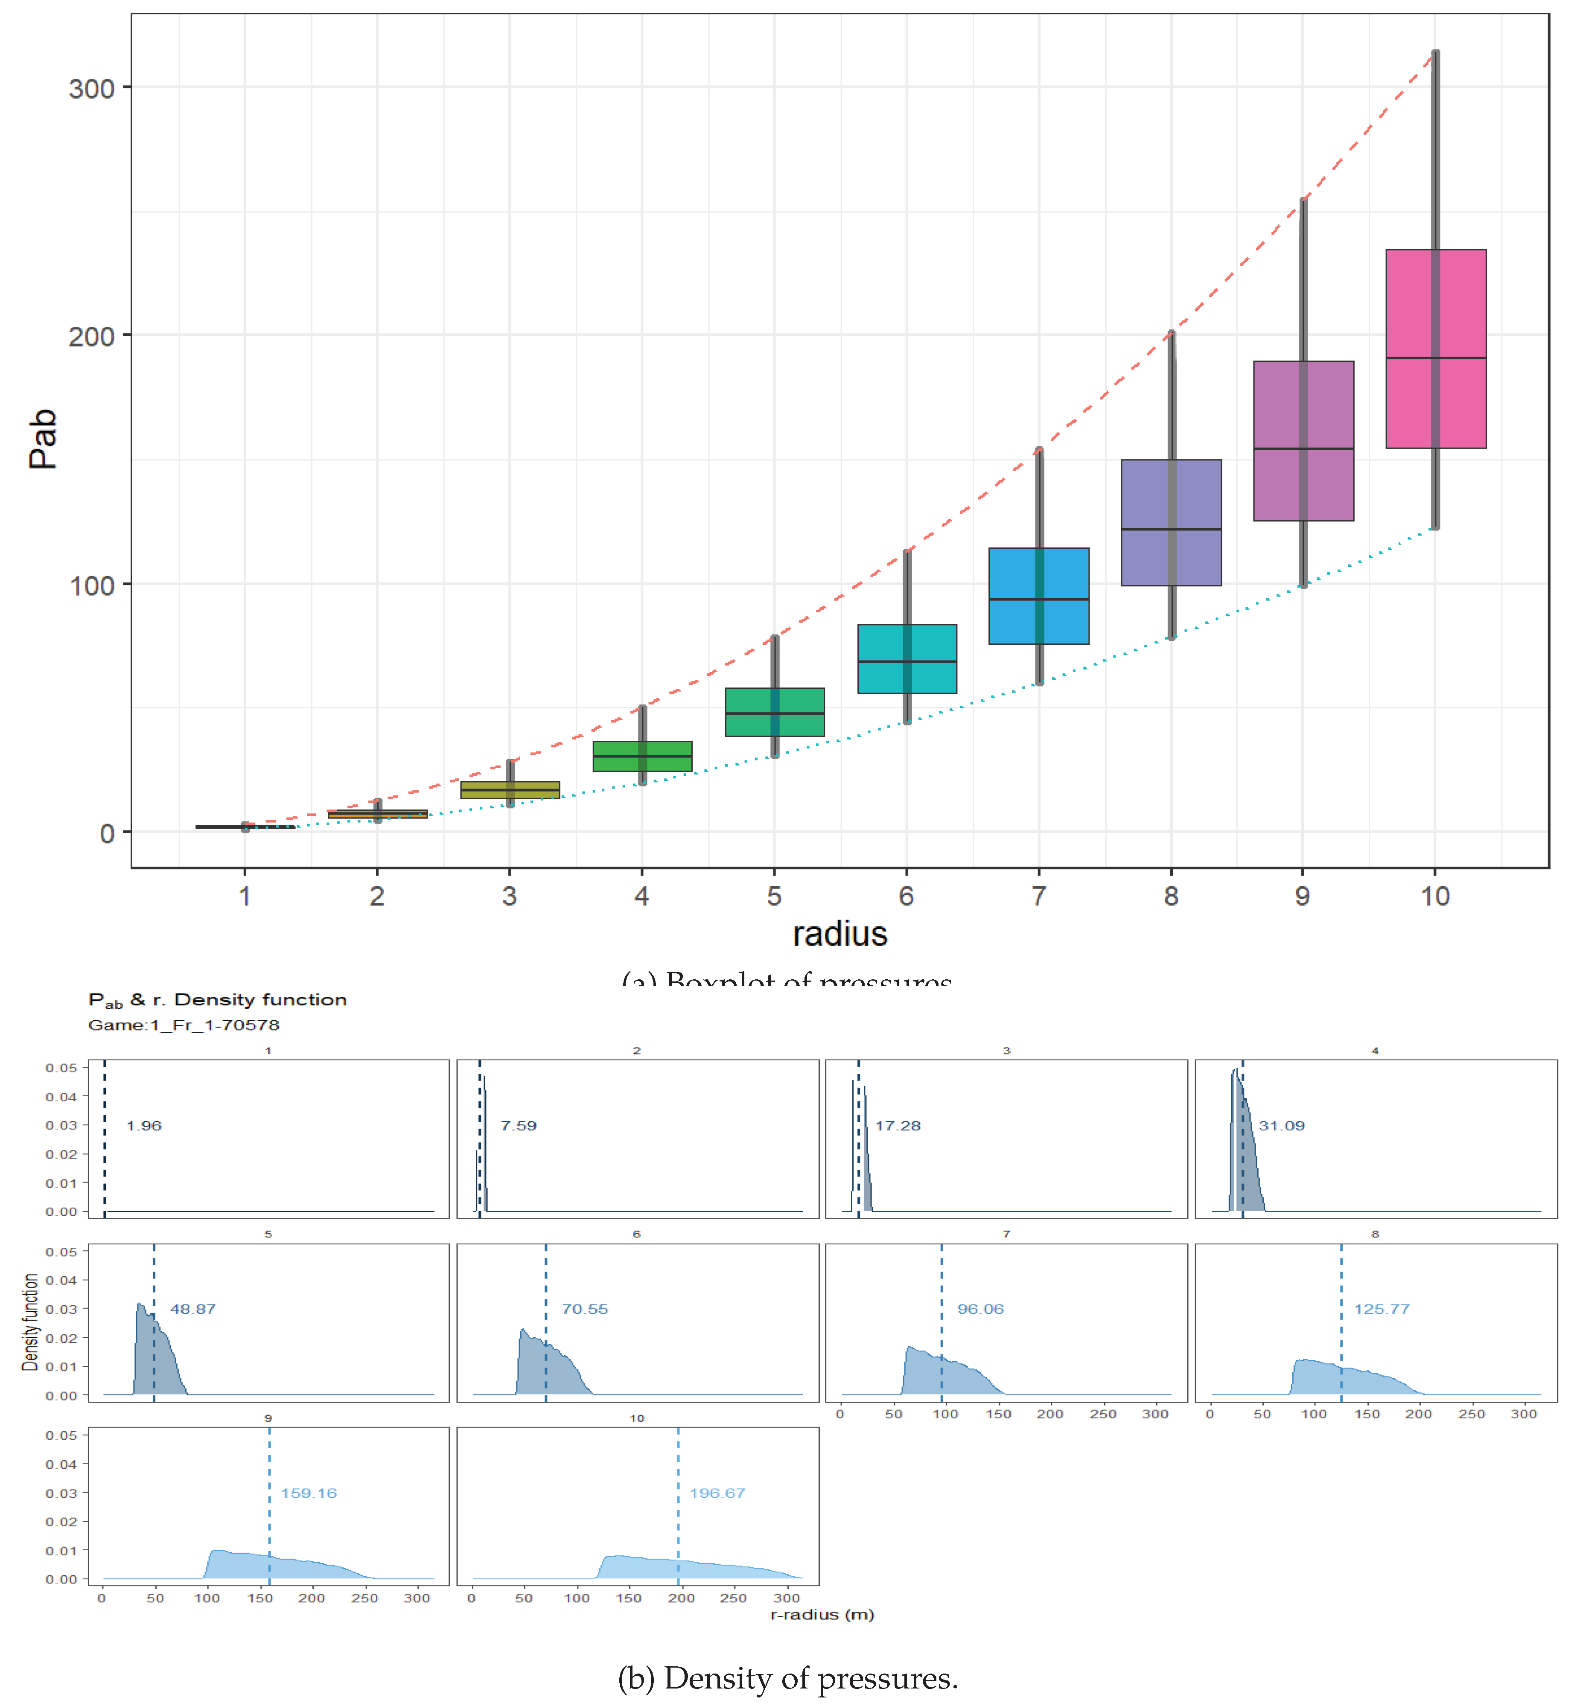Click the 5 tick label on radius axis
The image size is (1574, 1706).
tap(773, 896)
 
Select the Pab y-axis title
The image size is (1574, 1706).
tap(43, 439)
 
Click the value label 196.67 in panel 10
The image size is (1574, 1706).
tap(717, 1493)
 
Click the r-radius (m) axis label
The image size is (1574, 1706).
tap(822, 1615)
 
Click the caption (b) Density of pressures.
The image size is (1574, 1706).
tap(788, 1679)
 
